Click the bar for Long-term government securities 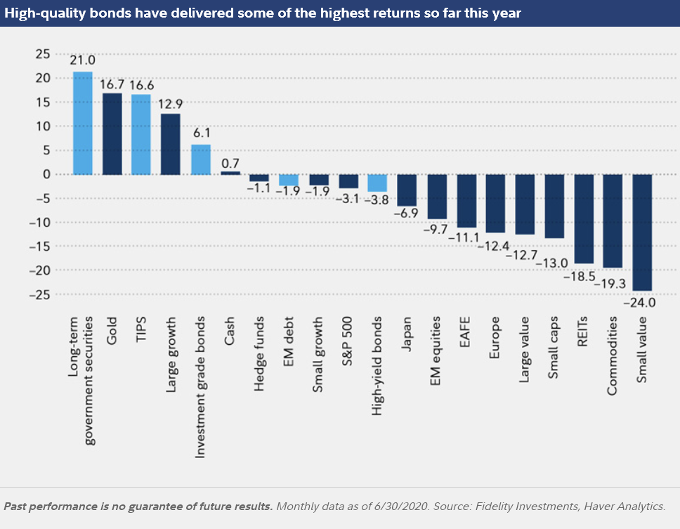(x=83, y=123)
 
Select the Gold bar (x=112, y=133)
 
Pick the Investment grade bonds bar (x=201, y=159)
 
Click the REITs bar (x=584, y=218)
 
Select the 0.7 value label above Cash (x=230, y=163)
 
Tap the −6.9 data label (x=407, y=211)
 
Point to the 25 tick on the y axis (x=44, y=53)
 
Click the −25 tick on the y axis (x=39, y=294)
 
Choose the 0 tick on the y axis (x=46, y=174)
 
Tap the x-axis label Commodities (x=613, y=355)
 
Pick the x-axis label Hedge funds (x=259, y=348)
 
